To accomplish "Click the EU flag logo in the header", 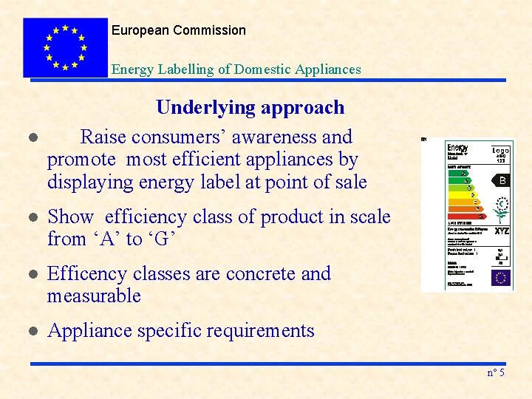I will (65, 47).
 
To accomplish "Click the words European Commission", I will (179, 30).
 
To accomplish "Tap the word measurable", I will (94, 296).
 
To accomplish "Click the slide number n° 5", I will (496, 372).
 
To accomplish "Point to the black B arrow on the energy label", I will (501, 180).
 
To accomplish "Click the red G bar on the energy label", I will (466, 216).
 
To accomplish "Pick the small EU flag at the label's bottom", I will (501, 278).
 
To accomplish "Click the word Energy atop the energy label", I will (458, 149).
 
